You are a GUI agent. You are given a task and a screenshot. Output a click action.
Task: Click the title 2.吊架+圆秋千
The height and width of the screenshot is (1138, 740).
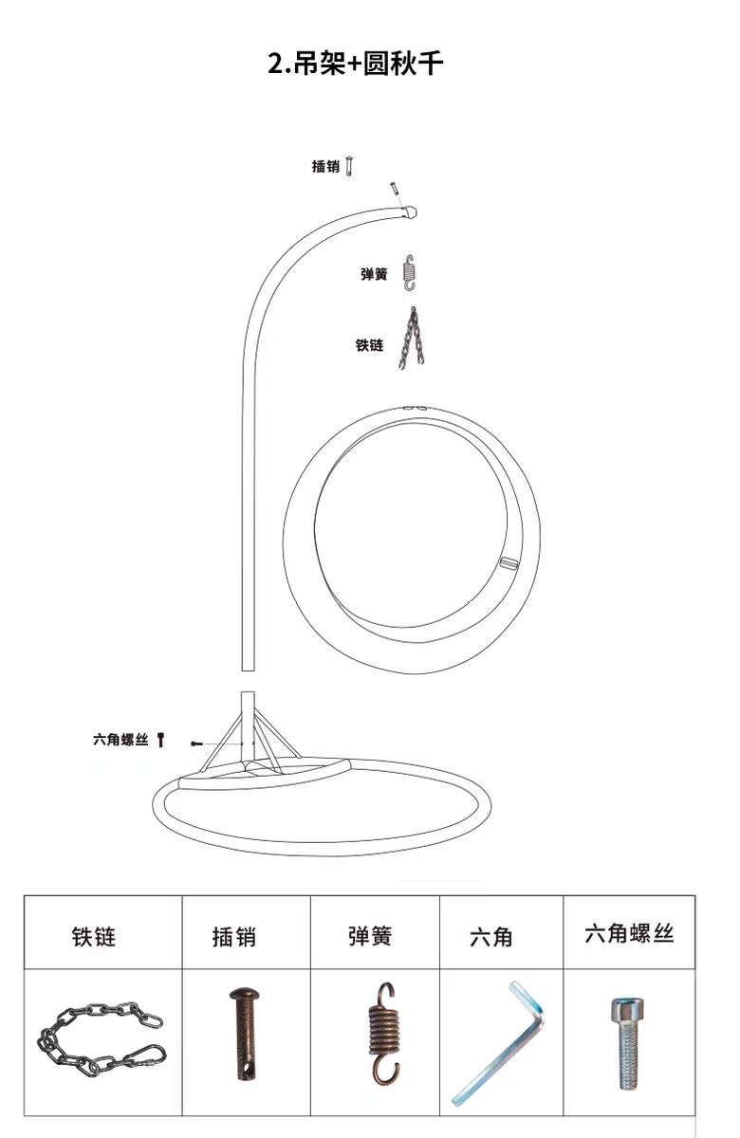[x=355, y=64]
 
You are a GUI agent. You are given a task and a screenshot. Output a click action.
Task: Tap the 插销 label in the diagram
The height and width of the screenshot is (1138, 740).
[x=324, y=167]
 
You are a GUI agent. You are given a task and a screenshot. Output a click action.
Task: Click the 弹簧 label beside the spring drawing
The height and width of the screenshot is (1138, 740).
[x=374, y=274]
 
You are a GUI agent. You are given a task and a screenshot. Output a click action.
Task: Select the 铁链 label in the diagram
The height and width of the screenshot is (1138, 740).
[x=369, y=345]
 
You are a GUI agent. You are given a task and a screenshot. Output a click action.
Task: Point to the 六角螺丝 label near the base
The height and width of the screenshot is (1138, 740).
[x=120, y=740]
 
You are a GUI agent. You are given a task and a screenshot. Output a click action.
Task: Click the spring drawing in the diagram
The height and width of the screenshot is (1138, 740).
[x=410, y=273]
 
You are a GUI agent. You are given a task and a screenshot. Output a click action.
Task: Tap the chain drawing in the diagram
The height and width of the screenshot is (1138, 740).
[x=411, y=339]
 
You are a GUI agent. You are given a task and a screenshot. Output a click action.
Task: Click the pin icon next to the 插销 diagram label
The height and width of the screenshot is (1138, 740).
[x=350, y=167]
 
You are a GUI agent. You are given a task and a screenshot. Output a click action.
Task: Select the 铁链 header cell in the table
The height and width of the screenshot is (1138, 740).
[x=94, y=936]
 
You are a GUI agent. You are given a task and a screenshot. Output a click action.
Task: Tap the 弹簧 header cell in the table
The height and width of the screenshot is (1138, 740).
[x=369, y=936]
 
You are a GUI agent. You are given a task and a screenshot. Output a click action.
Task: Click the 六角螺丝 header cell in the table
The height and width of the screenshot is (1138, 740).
[x=629, y=933]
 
